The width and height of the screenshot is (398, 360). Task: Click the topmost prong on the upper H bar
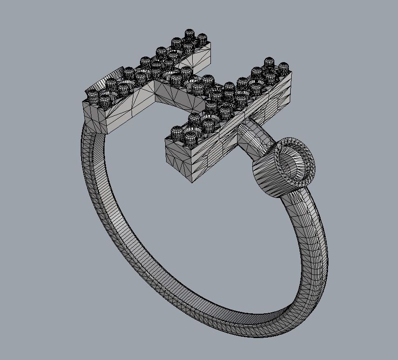click(189, 34)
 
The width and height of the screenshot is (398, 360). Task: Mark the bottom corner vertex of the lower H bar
click(193, 181)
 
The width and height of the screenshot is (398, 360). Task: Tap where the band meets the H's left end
click(93, 126)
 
